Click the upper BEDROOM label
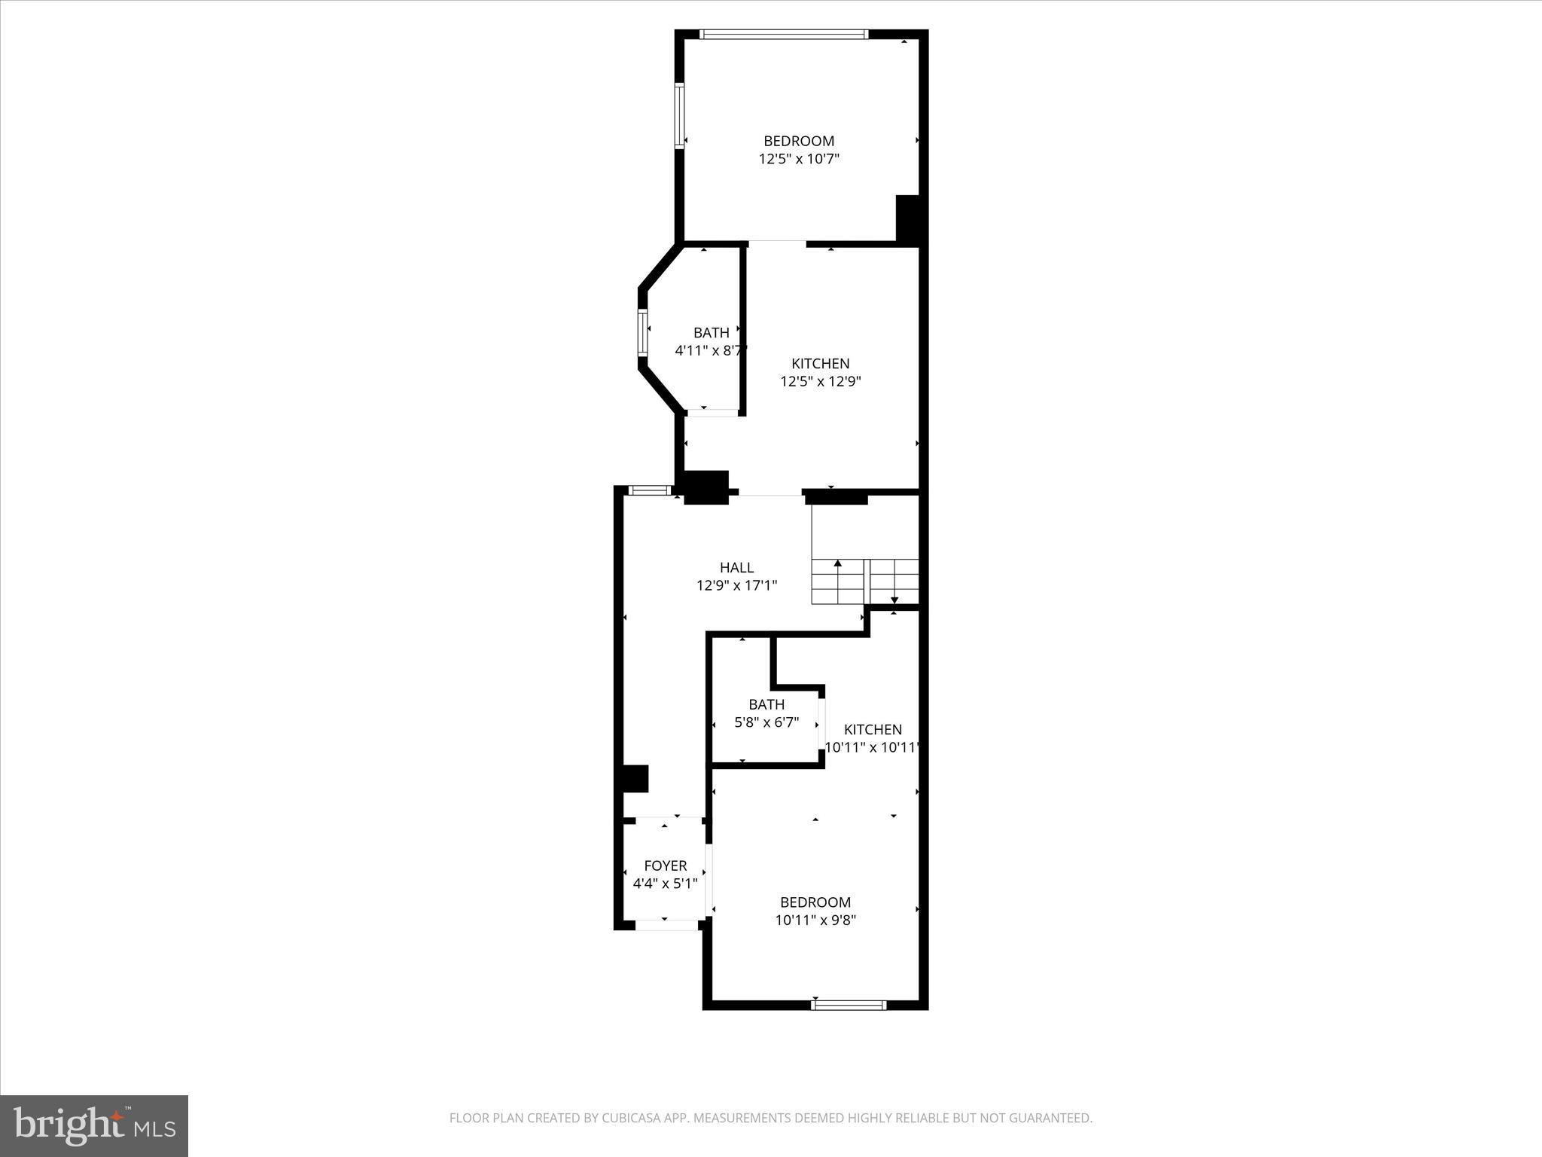799,141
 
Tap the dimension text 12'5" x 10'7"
799,159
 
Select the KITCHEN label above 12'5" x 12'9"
820,364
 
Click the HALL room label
736,568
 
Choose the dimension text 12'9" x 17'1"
736,585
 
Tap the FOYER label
666,865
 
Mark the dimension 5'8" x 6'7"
766,722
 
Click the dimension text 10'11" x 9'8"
815,920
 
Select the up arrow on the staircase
837,563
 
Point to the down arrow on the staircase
894,600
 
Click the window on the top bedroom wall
784,34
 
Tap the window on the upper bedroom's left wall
679,116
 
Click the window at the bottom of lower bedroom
849,1005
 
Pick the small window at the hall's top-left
649,490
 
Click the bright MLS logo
94,1126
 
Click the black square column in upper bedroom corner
909,218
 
